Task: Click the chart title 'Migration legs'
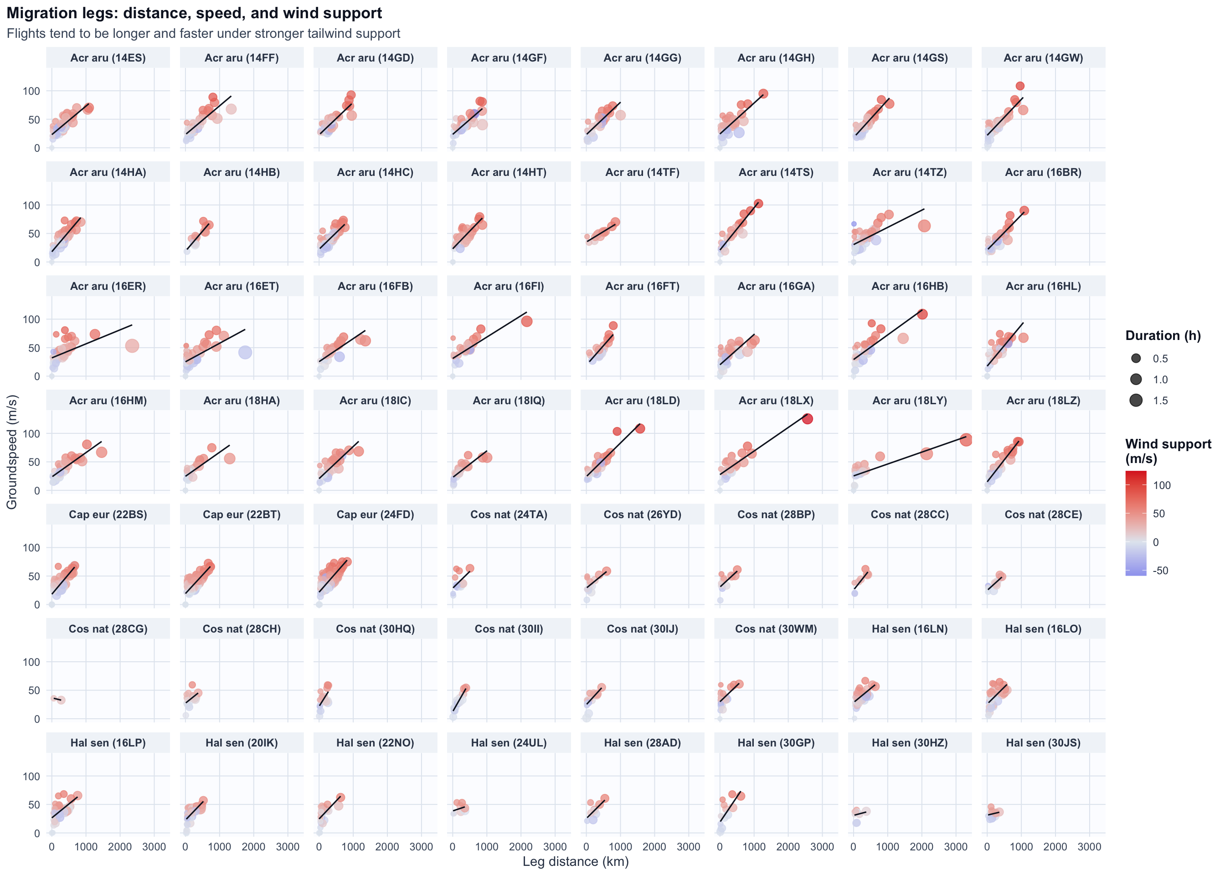coord(194,13)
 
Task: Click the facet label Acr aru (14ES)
coord(108,58)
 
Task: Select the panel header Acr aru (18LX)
coord(776,400)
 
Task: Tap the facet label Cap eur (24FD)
coord(375,515)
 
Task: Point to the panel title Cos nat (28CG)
coord(108,629)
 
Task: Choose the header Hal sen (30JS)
coord(1043,743)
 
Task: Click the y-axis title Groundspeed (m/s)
coord(12,452)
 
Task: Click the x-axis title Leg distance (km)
coord(575,861)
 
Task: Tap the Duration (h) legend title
coord(1163,336)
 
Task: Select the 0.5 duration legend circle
coord(1136,359)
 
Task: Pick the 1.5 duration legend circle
coord(1136,400)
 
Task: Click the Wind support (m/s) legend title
coord(1168,451)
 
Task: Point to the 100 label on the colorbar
coord(1162,485)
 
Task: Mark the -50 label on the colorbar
coord(1160,571)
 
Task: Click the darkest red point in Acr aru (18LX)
coord(807,419)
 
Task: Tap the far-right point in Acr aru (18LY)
coord(966,440)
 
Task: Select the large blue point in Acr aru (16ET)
coord(245,352)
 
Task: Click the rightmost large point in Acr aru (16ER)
coord(132,346)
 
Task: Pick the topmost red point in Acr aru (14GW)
coord(1020,86)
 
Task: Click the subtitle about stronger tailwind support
coord(203,33)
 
